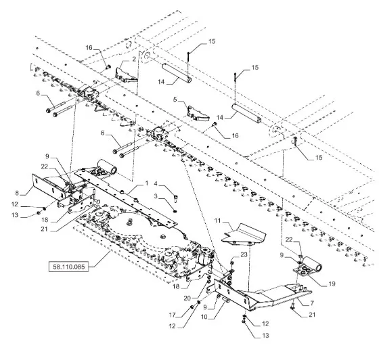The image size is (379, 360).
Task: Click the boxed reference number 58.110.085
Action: (68, 267)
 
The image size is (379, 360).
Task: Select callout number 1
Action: (146, 183)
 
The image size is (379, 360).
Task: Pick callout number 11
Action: (217, 221)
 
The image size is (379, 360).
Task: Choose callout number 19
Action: (332, 284)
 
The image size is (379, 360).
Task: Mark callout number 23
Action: (244, 254)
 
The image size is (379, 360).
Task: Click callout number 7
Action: (312, 303)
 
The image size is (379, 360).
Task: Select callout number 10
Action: (204, 317)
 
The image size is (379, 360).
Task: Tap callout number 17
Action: (172, 315)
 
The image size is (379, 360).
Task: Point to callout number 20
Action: (187, 298)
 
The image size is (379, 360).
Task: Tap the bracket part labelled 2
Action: (126, 75)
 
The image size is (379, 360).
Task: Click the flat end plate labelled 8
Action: (48, 188)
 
